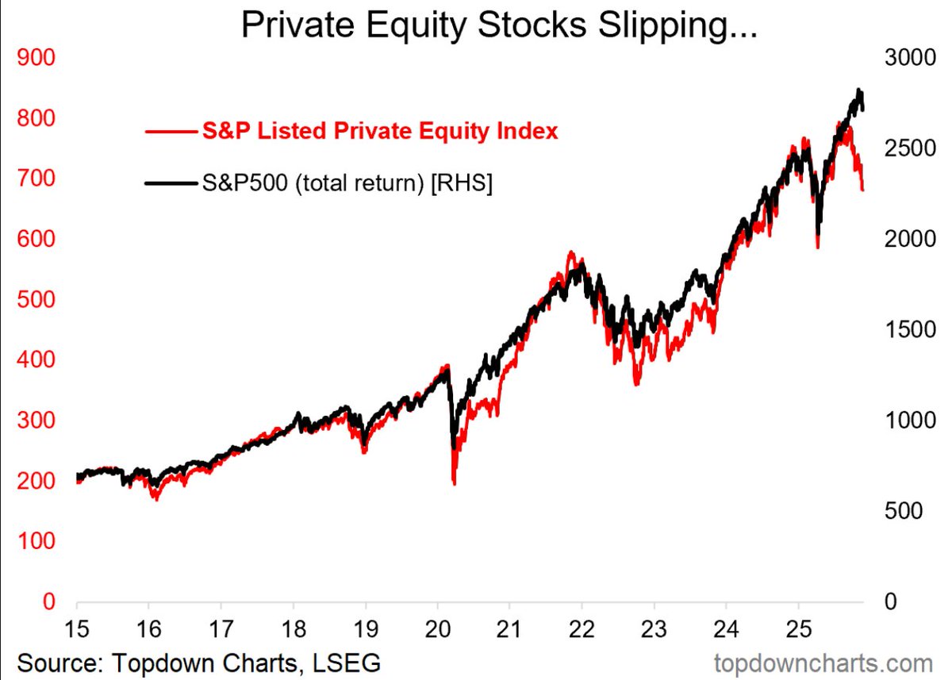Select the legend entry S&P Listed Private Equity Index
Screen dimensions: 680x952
(x=380, y=131)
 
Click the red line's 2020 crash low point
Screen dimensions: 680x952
(x=454, y=482)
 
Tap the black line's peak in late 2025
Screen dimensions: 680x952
(x=858, y=90)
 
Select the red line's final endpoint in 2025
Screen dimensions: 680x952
(x=863, y=189)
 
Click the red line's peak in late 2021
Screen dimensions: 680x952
(x=570, y=254)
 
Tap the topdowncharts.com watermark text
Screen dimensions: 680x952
(x=823, y=662)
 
